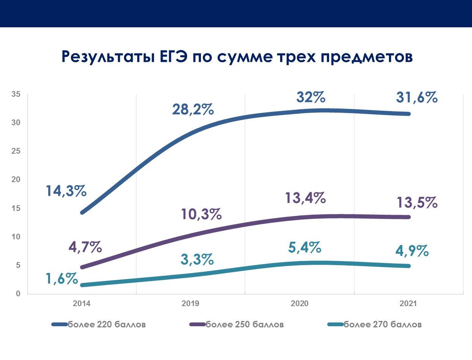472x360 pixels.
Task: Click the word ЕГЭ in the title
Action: point(171,57)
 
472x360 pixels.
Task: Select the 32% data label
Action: point(310,97)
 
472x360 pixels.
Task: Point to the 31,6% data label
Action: point(417,97)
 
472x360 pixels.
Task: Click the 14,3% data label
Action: point(66,191)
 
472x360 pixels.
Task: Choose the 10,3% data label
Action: point(201,214)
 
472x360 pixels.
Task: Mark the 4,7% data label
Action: point(85,247)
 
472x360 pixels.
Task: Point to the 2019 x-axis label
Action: point(190,304)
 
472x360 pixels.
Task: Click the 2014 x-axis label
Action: point(81,304)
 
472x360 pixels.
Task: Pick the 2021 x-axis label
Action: point(408,304)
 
